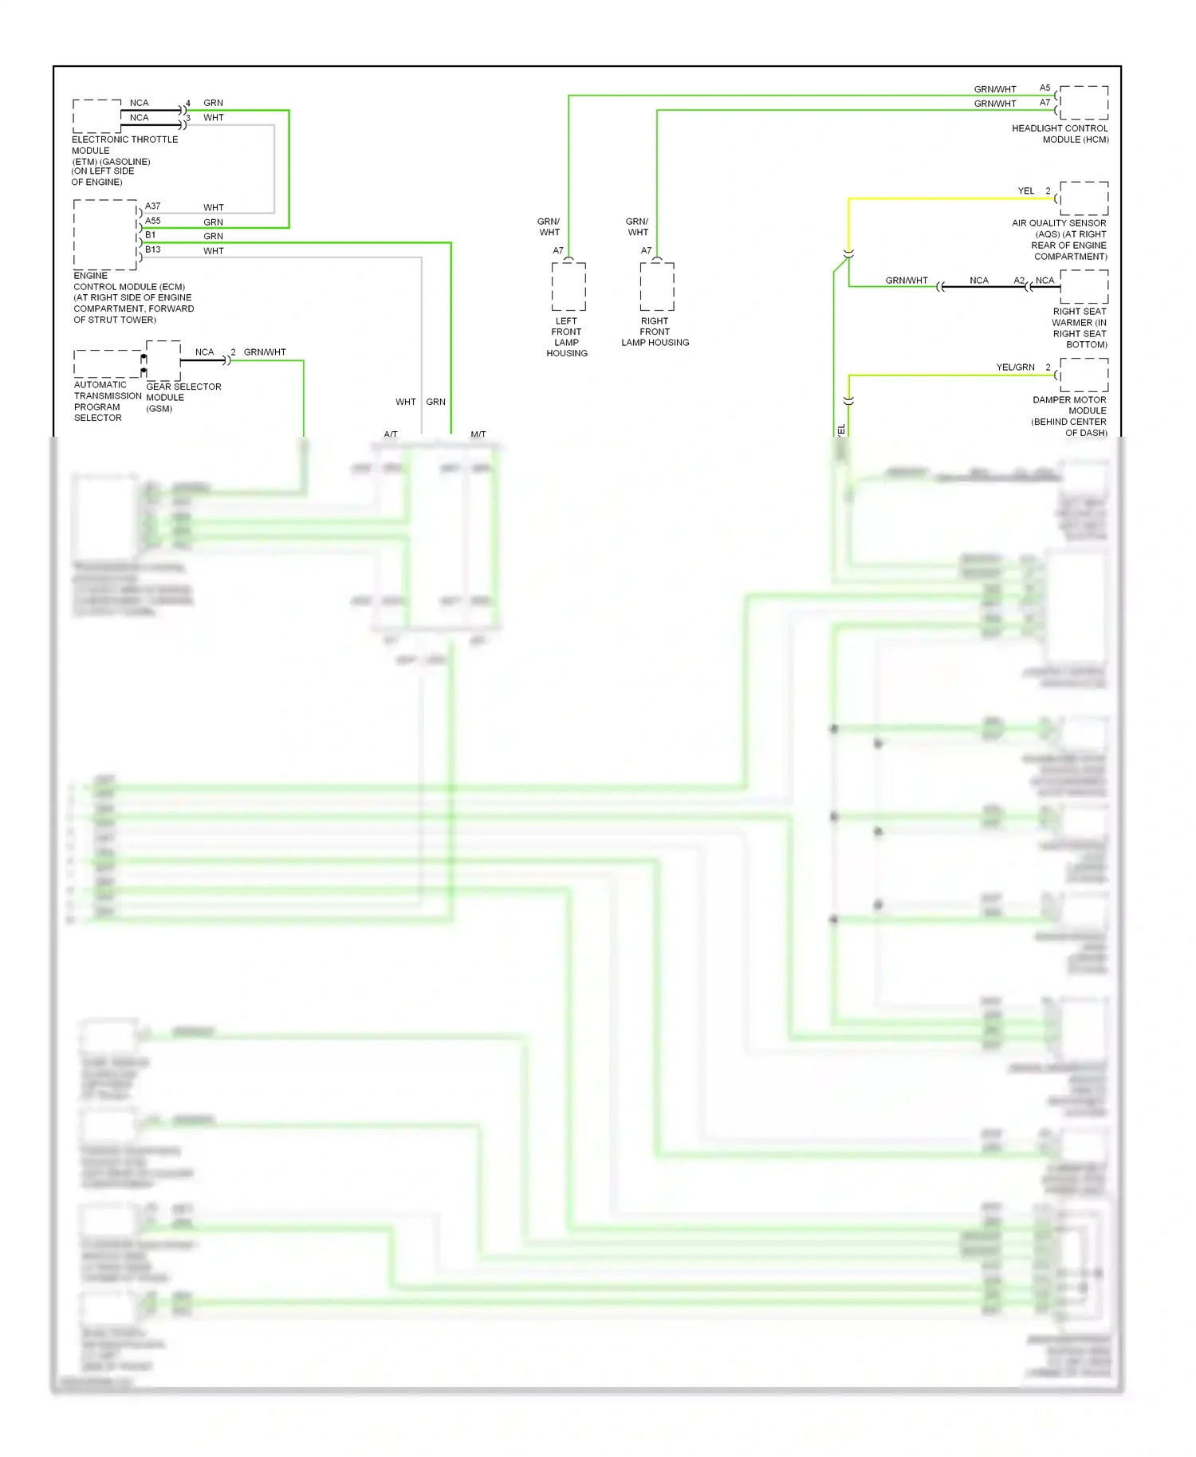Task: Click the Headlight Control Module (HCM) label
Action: point(1060,134)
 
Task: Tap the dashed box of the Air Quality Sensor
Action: point(1084,198)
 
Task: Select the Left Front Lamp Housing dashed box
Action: point(568,287)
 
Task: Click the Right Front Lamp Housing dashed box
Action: point(657,287)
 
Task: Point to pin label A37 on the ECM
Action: point(152,206)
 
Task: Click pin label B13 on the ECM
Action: point(152,249)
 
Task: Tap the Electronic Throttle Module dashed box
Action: point(96,116)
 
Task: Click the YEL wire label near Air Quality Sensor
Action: point(1025,191)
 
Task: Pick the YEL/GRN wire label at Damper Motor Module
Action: point(1015,367)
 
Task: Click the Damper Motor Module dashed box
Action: point(1084,375)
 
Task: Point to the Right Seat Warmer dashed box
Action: point(1084,287)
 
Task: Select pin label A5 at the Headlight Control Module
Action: point(1045,88)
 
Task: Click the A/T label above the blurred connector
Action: point(390,434)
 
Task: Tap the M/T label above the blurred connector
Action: point(478,434)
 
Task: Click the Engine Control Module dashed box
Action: point(105,235)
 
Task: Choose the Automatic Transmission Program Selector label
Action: point(107,401)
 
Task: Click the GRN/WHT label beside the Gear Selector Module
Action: point(265,352)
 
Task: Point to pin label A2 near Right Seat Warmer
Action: point(1018,281)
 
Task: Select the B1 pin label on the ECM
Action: point(150,235)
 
